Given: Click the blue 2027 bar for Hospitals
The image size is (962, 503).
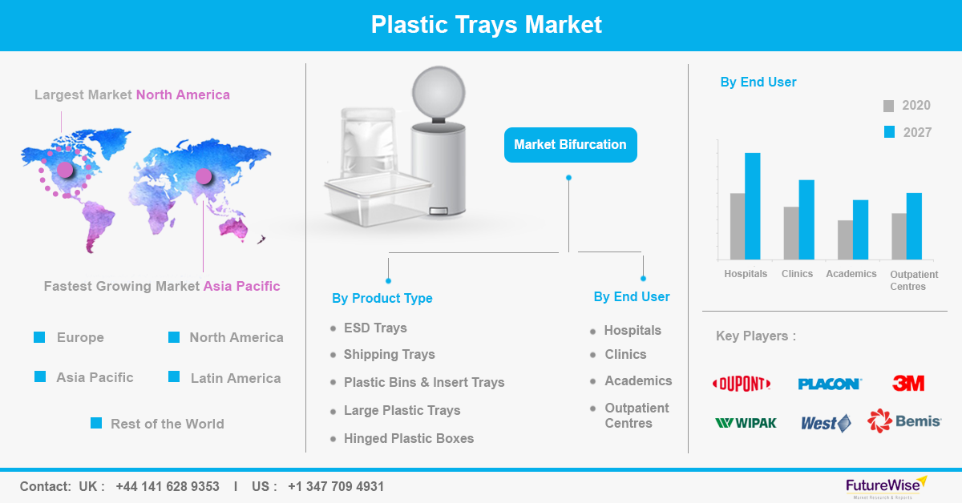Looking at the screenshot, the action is point(753,206).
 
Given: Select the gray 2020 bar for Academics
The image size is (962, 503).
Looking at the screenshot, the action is point(845,240).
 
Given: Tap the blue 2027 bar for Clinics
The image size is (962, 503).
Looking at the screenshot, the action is point(806,219).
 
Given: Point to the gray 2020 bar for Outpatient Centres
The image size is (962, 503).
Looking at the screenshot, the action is point(899,236).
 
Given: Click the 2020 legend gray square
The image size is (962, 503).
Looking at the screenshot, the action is point(888,106).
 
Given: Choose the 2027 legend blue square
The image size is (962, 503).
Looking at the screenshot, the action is point(889,132).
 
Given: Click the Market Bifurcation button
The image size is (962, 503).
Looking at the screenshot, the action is point(570,145).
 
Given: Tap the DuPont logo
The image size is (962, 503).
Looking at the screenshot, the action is point(742,384).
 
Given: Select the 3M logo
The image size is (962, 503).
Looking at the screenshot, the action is point(908,383).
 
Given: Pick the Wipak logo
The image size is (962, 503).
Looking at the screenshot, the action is point(746,423).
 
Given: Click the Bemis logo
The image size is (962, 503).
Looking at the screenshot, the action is point(904,421).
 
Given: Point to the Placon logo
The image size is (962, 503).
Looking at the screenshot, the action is point(830,384).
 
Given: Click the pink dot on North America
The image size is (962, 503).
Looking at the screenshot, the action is point(65,170).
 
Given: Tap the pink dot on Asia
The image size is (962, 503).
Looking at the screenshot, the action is point(204,176).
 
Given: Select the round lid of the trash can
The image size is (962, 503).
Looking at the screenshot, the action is point(439,92).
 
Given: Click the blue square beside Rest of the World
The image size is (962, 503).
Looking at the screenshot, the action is point(96,423).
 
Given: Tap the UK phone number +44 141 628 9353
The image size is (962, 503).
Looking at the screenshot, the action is point(168,486).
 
